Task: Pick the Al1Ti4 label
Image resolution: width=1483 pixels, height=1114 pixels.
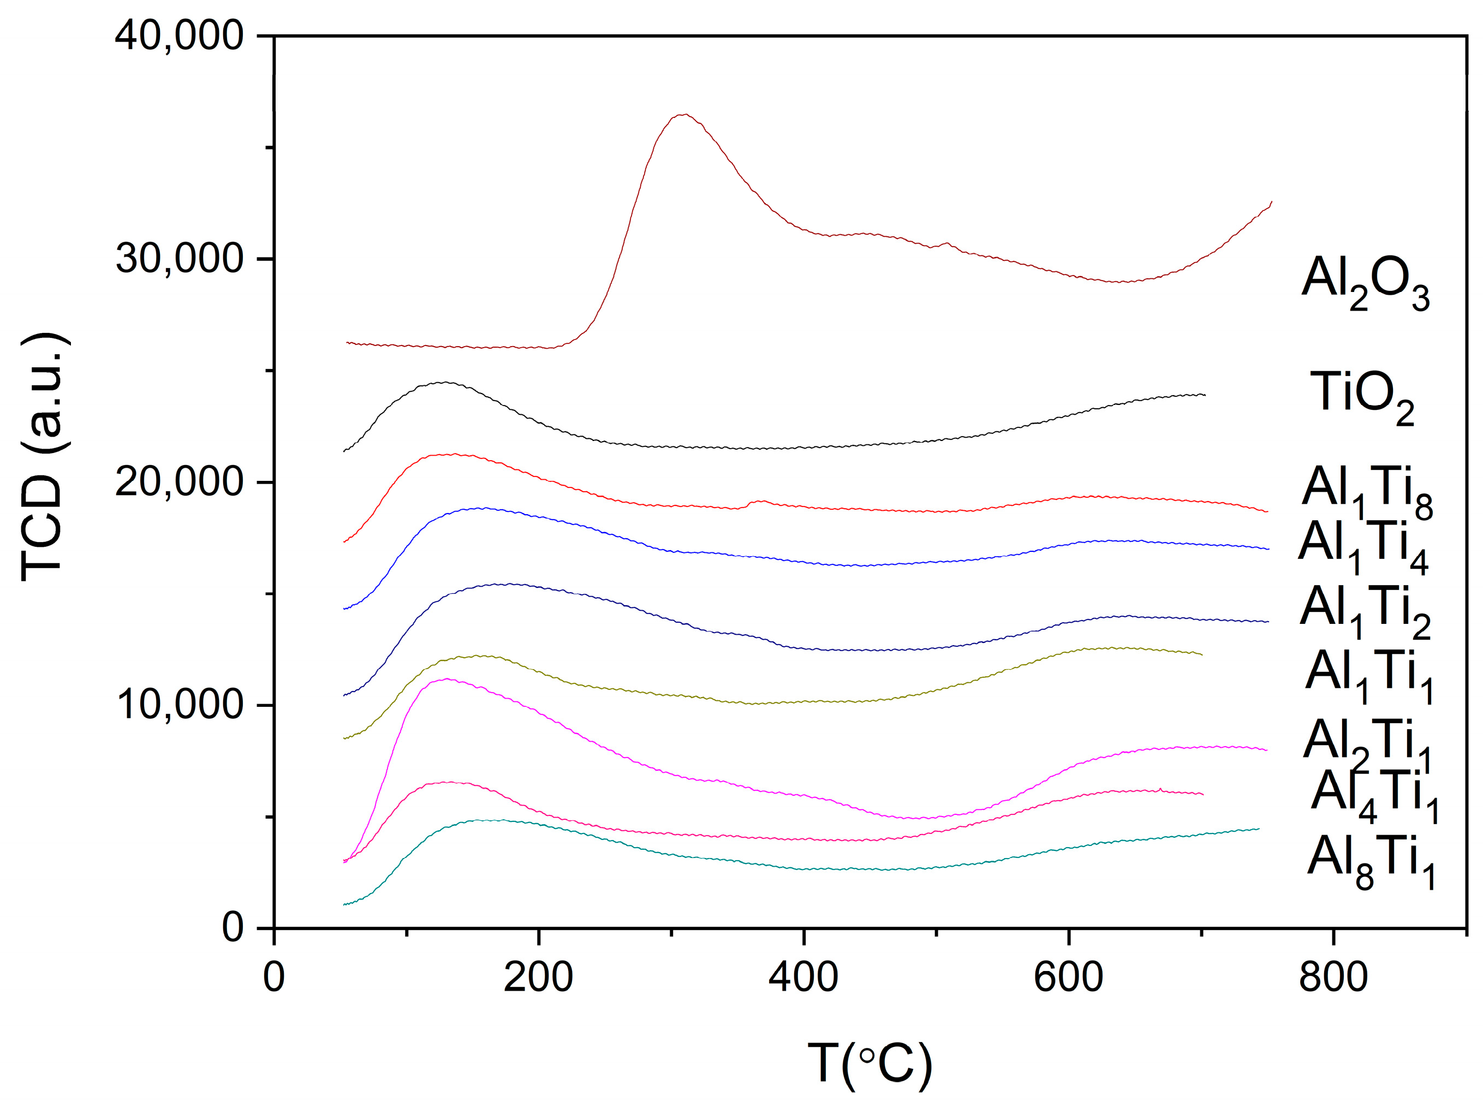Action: pyautogui.click(x=1362, y=546)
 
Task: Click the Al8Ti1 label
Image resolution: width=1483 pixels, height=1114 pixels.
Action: pyautogui.click(x=1371, y=861)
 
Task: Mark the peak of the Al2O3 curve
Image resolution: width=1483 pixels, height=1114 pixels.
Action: pyautogui.click(x=682, y=115)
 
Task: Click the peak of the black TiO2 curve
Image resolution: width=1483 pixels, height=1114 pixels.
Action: pyautogui.click(x=443, y=383)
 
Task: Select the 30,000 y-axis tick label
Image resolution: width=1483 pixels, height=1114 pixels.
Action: pyautogui.click(x=179, y=259)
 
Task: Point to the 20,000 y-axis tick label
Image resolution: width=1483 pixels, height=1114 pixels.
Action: pyautogui.click(x=179, y=482)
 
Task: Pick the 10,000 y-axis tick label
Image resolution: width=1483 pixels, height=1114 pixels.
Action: pyautogui.click(x=179, y=705)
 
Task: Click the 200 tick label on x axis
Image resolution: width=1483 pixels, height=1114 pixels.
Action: pyautogui.click(x=538, y=977)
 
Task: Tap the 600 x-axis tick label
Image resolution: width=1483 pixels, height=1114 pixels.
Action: pyautogui.click(x=1068, y=977)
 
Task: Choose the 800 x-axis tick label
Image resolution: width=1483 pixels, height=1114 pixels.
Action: pyautogui.click(x=1333, y=977)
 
